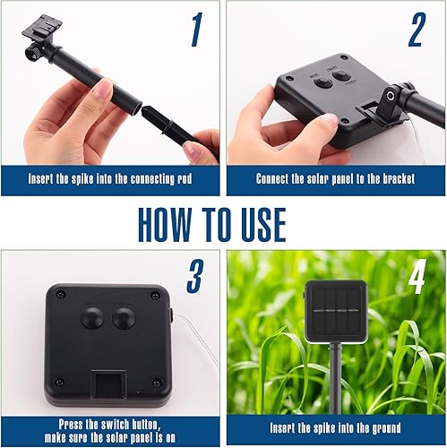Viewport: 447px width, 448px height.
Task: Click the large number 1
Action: tap(196, 30)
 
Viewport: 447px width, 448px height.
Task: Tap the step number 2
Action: tap(416, 30)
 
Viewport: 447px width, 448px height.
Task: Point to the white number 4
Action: tap(416, 279)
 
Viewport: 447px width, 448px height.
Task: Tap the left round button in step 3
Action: tap(91, 317)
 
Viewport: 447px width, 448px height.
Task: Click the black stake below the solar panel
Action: tap(335, 376)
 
